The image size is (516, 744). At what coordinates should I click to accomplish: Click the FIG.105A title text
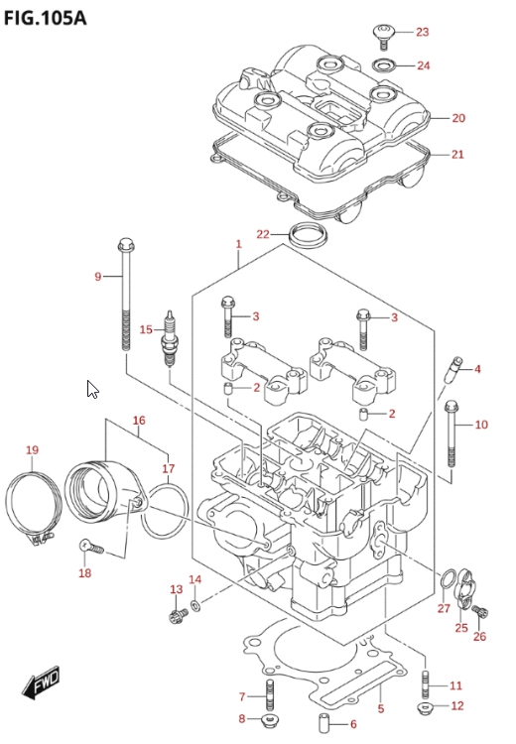click(45, 18)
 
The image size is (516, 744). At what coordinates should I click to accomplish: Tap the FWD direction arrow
click(42, 682)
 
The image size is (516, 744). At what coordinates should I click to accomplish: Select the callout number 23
click(422, 32)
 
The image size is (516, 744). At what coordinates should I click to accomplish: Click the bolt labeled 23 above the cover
click(384, 37)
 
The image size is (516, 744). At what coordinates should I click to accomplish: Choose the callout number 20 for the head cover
click(458, 118)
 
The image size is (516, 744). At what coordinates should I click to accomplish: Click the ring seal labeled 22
click(308, 235)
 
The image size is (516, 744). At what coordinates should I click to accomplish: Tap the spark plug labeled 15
click(169, 338)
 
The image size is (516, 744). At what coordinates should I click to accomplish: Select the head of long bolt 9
click(126, 245)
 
